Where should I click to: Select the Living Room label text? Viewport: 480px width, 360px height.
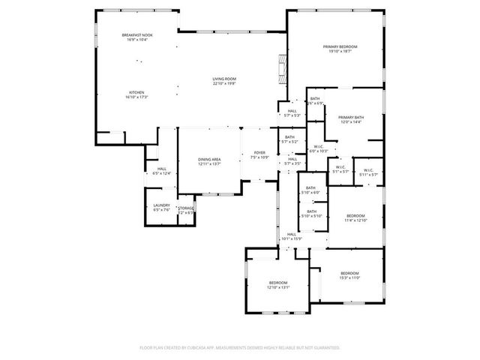point(223,79)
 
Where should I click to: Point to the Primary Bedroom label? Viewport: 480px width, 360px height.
point(340,47)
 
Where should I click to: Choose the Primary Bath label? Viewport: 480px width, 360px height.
point(350,118)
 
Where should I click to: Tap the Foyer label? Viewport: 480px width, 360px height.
point(259,153)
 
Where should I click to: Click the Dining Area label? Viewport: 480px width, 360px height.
point(209,160)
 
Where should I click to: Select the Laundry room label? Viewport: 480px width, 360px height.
point(162,205)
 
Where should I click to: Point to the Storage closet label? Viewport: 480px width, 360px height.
point(186,208)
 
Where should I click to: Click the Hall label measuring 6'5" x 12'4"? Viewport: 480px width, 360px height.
point(162,169)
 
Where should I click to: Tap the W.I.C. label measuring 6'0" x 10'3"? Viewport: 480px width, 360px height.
point(319,147)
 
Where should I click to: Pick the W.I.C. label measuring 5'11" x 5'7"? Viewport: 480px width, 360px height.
point(368,169)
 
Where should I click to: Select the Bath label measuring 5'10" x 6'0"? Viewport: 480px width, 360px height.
point(310,188)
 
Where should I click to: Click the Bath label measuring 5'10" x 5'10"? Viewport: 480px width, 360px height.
point(310,211)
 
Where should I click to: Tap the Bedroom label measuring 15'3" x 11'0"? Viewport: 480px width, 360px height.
point(349,273)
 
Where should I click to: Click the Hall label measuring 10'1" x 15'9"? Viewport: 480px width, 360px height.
point(291,235)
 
